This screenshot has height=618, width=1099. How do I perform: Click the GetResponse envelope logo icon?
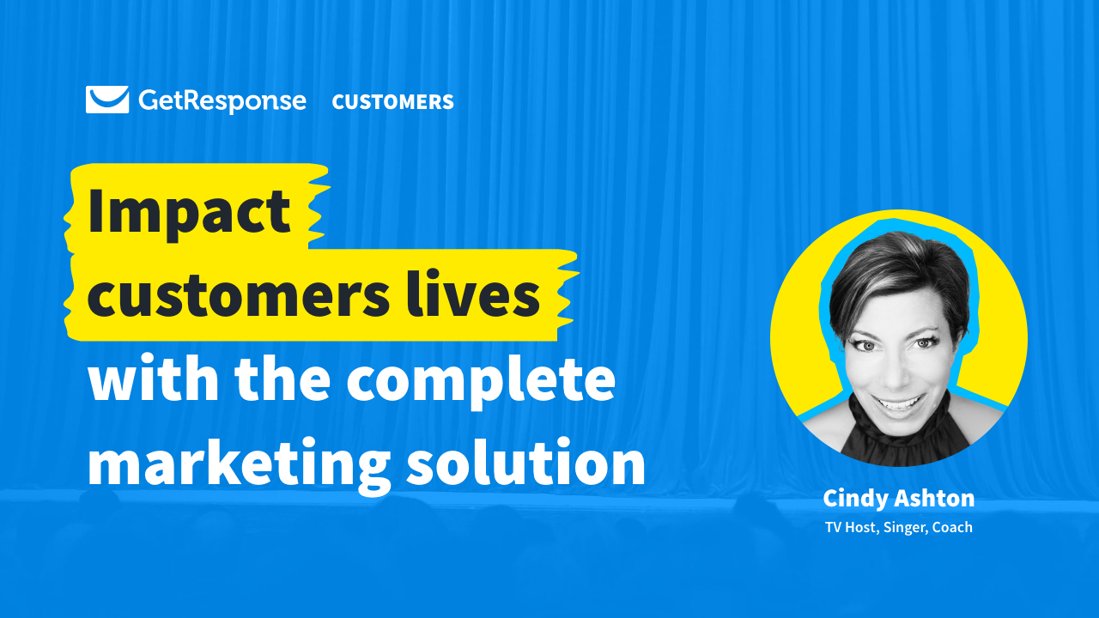pyautogui.click(x=107, y=100)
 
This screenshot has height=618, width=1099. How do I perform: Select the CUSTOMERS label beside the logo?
pyautogui.click(x=392, y=102)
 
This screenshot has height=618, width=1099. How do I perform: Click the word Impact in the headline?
pyautogui.click(x=189, y=211)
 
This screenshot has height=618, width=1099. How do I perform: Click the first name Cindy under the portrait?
pyautogui.click(x=855, y=498)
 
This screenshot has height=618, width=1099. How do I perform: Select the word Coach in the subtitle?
pyautogui.click(x=954, y=527)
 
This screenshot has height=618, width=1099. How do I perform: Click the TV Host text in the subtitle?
pyautogui.click(x=853, y=527)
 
